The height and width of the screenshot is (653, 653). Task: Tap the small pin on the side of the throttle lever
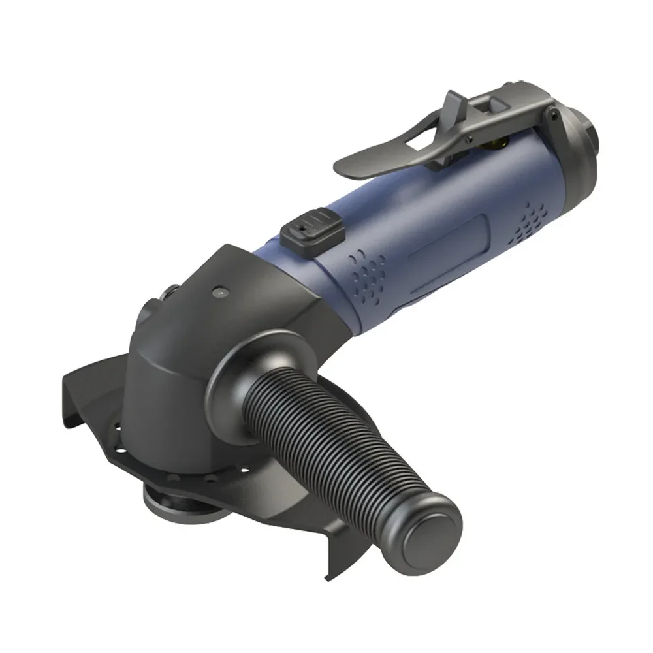[x=470, y=138]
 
